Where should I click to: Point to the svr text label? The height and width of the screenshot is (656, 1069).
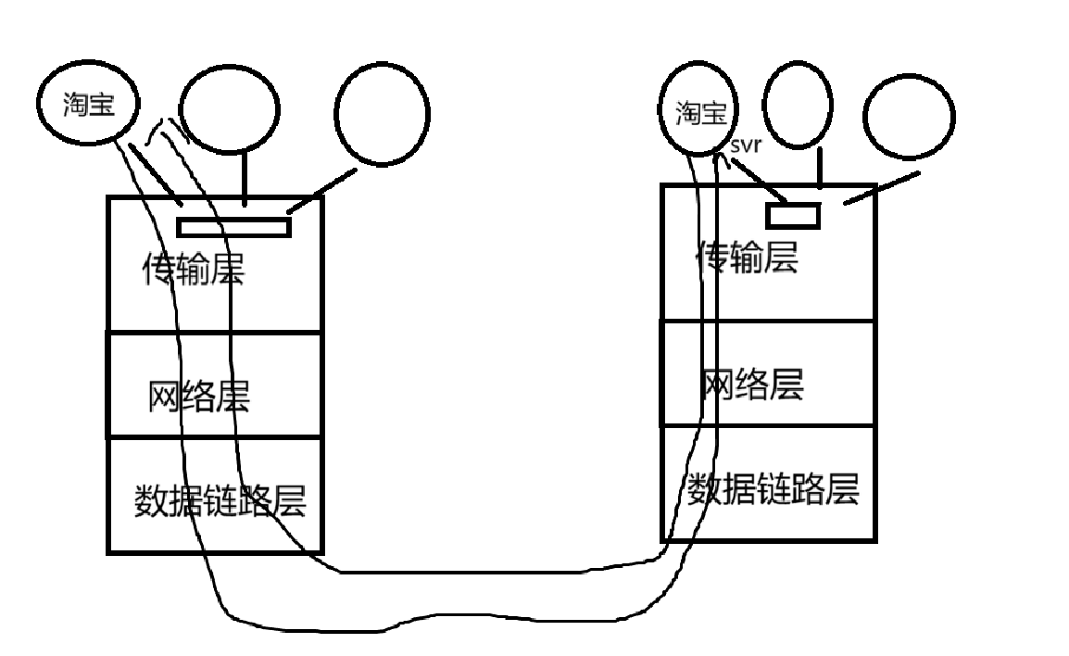[x=746, y=145]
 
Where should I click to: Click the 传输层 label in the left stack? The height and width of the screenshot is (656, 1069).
[x=193, y=270]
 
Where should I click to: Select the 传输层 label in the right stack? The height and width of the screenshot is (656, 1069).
[x=748, y=258]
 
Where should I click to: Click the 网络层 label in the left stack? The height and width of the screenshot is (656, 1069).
[x=198, y=397]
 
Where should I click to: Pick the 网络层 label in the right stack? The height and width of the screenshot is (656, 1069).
[x=751, y=384]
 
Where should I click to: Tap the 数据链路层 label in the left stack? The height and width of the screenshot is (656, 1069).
[x=220, y=501]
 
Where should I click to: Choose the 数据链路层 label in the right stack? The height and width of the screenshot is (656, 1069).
[x=773, y=488]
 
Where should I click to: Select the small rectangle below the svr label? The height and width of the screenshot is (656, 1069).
[x=793, y=215]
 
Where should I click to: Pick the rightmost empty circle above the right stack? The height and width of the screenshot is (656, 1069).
[x=909, y=116]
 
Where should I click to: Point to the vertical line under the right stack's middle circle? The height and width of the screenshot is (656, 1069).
[x=819, y=169]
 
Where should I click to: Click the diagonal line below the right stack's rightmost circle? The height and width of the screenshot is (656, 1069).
[x=874, y=188]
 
